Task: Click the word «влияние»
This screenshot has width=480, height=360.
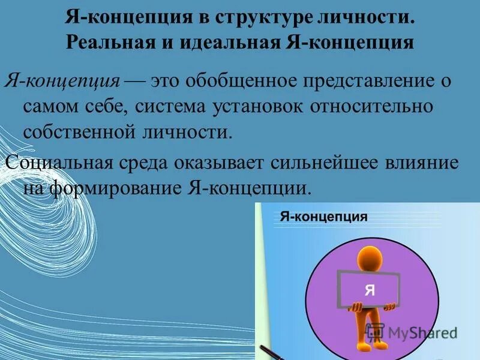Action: point(428,163)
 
